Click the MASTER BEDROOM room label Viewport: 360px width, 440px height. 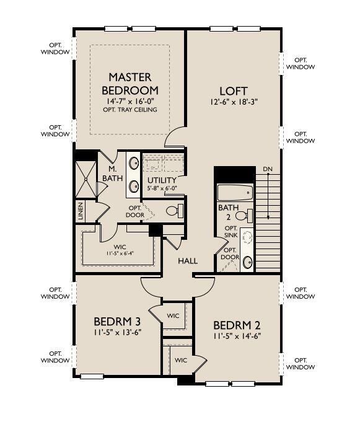click(130, 84)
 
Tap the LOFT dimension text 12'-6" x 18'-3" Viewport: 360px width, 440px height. click(234, 102)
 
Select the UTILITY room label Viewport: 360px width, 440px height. click(162, 180)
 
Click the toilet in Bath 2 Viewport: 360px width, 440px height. click(244, 216)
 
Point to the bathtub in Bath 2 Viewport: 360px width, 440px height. click(235, 193)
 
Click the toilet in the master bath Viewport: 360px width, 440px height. click(175, 211)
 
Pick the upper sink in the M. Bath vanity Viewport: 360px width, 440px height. click(133, 164)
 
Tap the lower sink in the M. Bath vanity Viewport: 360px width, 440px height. click(133, 186)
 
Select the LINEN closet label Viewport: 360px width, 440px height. click(81, 211)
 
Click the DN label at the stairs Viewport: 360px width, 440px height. click(268, 169)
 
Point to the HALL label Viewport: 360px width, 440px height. click(188, 261)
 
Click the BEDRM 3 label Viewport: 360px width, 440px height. click(117, 321)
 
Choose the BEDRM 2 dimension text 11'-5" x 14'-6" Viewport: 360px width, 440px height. click(237, 336)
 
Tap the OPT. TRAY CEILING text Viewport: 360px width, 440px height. click(130, 110)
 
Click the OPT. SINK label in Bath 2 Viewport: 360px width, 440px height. click(231, 232)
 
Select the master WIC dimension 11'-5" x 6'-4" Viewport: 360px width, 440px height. click(120, 253)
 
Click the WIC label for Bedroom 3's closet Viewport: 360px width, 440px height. click(173, 315)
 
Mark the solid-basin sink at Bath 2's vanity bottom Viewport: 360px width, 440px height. click(247, 263)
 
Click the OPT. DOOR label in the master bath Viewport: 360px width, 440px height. click(135, 211)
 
